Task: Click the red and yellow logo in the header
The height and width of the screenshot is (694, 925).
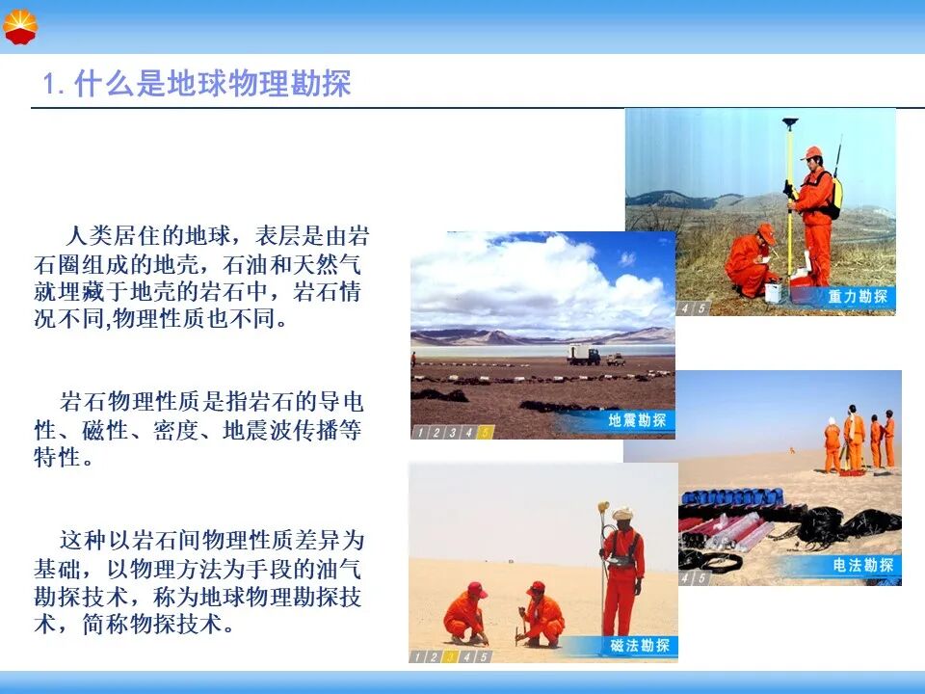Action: (x=20, y=27)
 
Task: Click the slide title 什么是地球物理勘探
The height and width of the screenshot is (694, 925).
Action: (x=213, y=83)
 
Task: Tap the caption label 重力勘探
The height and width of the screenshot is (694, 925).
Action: (x=858, y=296)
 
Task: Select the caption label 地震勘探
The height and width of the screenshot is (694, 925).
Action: (x=637, y=420)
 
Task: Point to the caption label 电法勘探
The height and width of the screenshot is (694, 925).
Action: (x=863, y=566)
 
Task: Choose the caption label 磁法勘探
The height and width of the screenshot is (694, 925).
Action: (x=640, y=646)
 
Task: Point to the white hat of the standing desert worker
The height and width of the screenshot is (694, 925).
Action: (x=623, y=513)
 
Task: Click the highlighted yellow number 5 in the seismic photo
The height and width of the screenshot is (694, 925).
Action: (x=485, y=433)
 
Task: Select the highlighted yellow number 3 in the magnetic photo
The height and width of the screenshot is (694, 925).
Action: (x=450, y=656)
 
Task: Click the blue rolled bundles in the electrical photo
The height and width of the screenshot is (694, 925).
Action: (x=732, y=496)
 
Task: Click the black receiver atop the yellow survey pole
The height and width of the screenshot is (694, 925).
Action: (x=790, y=122)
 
